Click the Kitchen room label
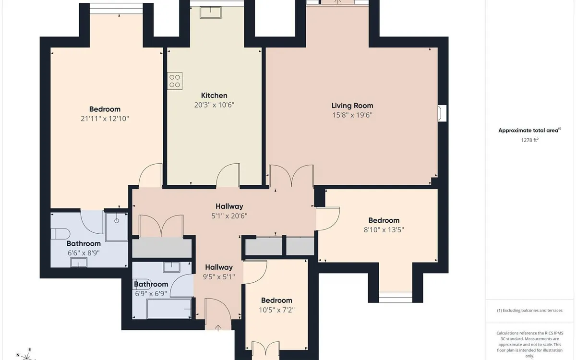(214, 96)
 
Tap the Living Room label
(352, 106)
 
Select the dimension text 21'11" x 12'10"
(105, 119)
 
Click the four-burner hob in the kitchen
(175, 81)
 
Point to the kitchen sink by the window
(211, 12)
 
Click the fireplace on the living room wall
(442, 113)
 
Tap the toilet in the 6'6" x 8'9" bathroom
(60, 234)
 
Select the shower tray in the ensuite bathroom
(117, 227)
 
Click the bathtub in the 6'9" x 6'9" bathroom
(169, 309)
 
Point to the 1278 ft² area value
(530, 140)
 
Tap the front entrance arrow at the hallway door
(218, 328)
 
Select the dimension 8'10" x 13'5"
(384, 229)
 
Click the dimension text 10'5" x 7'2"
(276, 310)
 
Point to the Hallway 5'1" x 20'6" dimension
(229, 216)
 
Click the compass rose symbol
(26, 356)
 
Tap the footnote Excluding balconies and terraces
(530, 311)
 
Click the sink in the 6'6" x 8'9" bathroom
(79, 262)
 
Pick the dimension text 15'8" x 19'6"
(352, 115)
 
